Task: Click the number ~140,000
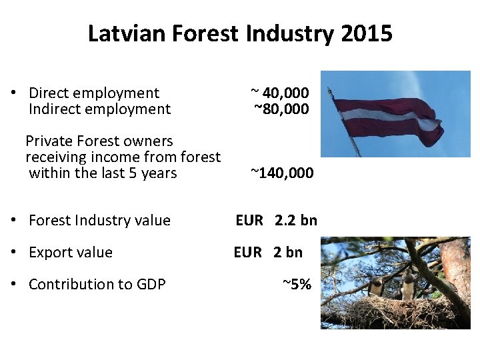click(281, 173)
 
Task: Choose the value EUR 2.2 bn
click(276, 220)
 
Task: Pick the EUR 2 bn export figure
click(268, 252)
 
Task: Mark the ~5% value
click(297, 284)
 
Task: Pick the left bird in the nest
click(377, 286)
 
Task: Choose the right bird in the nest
click(407, 285)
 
